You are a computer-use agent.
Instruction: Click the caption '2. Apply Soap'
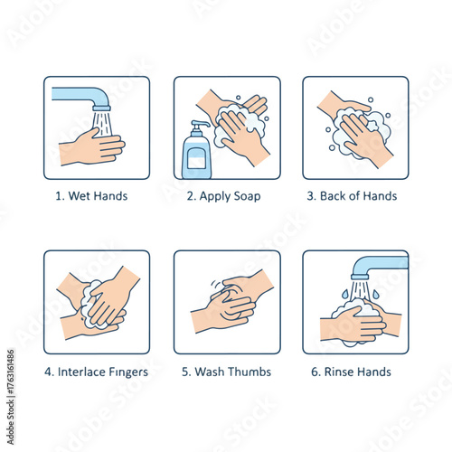point(226,196)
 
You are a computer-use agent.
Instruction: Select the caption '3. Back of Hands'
point(355,196)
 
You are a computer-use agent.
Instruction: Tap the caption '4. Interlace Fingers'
point(97,371)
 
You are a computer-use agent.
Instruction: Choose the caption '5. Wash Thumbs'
point(226,371)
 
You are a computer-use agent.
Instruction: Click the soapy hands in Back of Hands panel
point(357,131)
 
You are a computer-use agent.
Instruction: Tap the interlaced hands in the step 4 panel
point(98,303)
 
